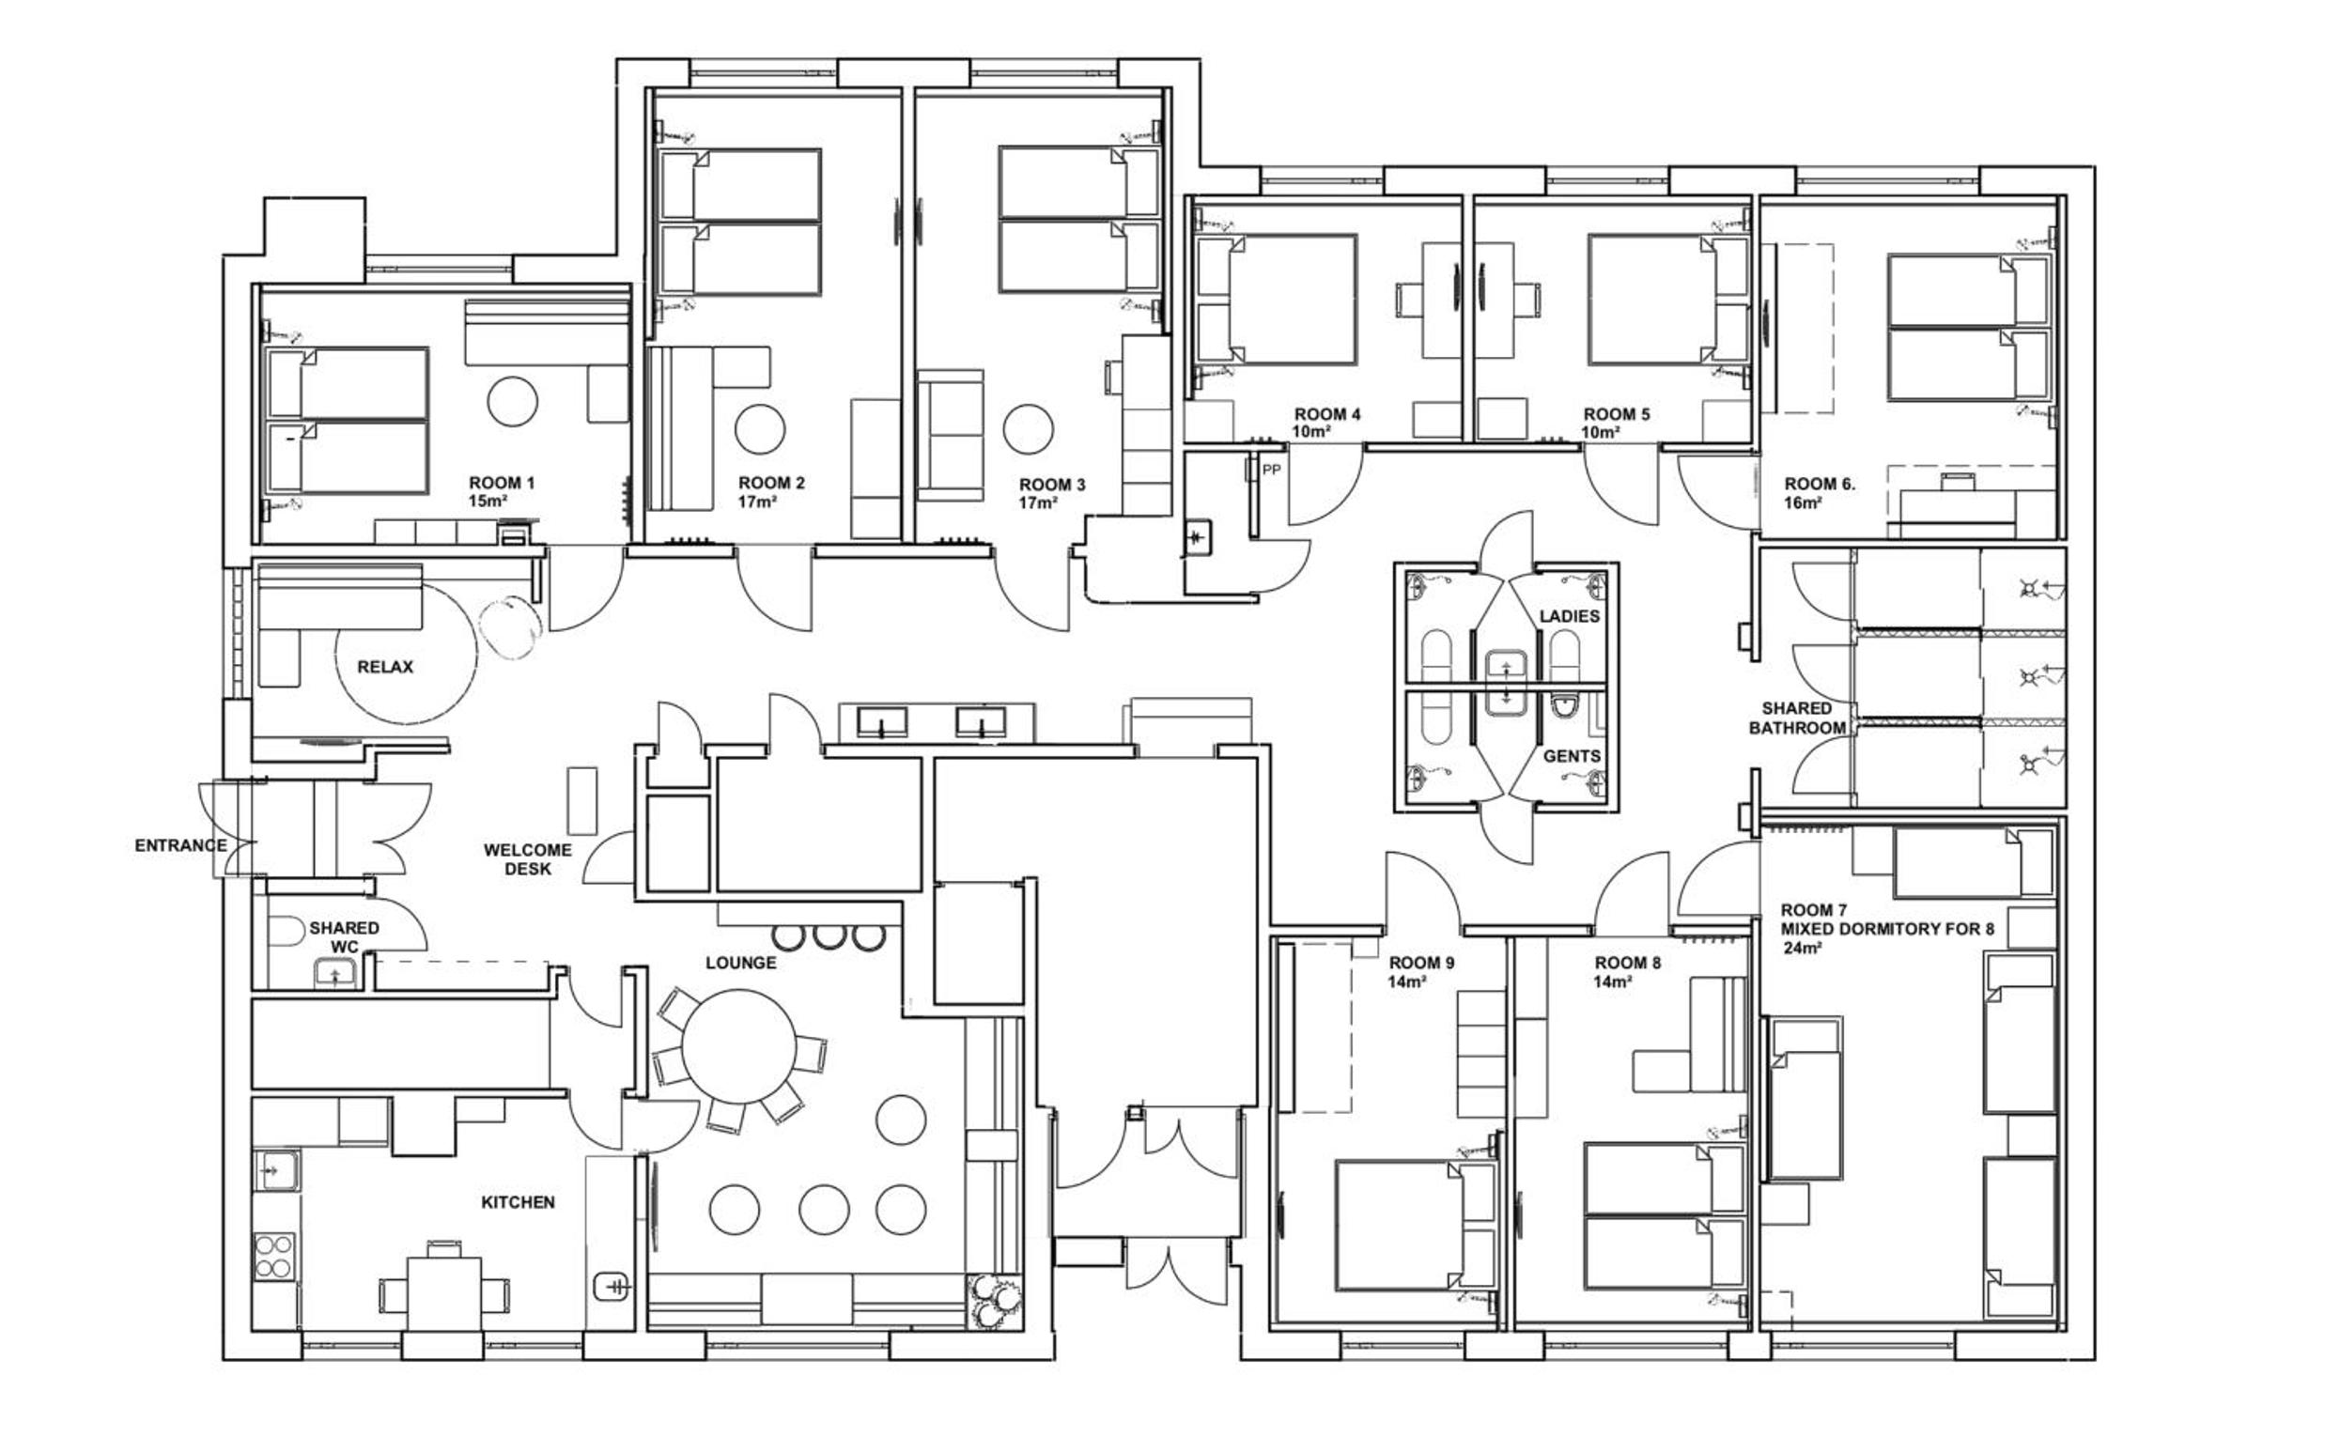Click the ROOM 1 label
(502, 483)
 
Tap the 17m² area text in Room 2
(756, 502)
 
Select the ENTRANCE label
(180, 846)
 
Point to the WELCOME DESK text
(528, 859)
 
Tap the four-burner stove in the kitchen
(273, 1256)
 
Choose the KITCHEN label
(518, 1202)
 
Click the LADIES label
(1570, 616)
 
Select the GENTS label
(1572, 757)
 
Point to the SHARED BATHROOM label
(1796, 718)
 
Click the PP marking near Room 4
(1271, 470)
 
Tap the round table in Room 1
(512, 400)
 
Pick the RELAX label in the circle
(385, 667)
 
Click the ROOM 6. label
(1820, 484)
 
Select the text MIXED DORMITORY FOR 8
(1888, 929)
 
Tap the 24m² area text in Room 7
(1803, 948)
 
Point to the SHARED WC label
(344, 937)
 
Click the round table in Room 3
(1028, 428)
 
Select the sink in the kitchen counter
(276, 1171)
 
